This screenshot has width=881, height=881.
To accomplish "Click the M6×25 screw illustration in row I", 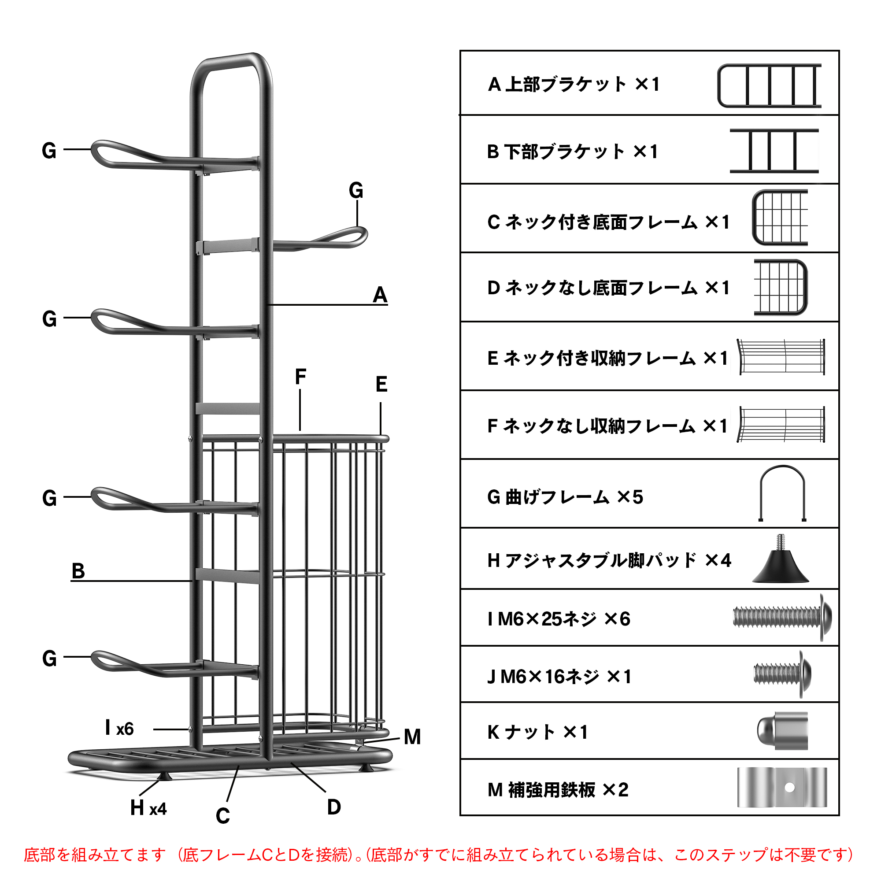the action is pos(781,618).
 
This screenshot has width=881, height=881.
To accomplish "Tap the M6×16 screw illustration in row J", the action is pos(782,674).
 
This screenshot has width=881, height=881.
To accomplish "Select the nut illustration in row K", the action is pos(782,730).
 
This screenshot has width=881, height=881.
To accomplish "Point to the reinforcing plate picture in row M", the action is pos(781,787).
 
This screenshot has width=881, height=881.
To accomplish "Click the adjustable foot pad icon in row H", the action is pos(781,559).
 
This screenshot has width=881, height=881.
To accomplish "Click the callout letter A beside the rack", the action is pos(380,295).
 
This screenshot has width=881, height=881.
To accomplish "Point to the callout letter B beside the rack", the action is pos(78,571).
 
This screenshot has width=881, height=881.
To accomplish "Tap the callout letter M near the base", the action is pos(412,737).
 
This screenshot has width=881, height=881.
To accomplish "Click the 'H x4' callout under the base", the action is pos(148,808).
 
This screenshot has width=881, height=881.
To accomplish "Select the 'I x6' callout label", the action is pos(119,728).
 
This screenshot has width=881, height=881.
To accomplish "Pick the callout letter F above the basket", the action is pos(300,377).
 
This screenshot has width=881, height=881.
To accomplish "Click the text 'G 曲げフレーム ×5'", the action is pos(565,496).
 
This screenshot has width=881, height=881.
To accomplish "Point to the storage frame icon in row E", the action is pos(781,357).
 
